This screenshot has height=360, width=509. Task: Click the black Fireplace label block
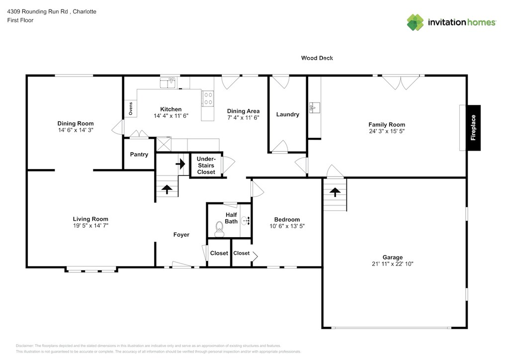[473, 128]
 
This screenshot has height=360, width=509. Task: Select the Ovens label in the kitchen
[131, 108]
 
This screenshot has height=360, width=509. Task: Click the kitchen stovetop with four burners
[208, 98]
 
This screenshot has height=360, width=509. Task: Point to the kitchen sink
[168, 83]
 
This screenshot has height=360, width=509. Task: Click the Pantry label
[139, 154]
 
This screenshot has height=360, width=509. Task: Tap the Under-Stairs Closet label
[206, 165]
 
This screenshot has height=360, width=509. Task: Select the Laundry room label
[288, 114]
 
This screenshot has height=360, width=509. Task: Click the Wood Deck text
[317, 58]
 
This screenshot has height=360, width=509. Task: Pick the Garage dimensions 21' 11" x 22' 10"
[393, 264]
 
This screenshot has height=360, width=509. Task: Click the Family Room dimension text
[387, 131]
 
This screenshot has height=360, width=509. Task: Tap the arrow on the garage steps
[335, 192]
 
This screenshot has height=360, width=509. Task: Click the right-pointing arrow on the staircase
[180, 164]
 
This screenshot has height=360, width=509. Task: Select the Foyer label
[181, 234]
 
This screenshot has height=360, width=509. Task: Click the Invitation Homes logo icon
[415, 22]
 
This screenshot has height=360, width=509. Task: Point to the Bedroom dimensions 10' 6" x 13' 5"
[287, 226]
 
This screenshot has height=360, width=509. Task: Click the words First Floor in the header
[20, 20]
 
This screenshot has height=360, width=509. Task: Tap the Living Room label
[90, 219]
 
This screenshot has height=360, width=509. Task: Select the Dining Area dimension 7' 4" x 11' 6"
[243, 117]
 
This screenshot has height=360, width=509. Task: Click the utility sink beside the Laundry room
[314, 107]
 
